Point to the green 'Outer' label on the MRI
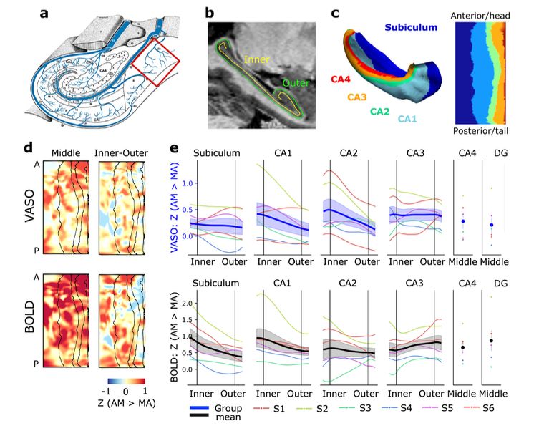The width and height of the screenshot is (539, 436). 296,84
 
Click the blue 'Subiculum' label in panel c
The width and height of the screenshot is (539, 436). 411,28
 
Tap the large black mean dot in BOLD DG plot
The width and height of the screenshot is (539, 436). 492,341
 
